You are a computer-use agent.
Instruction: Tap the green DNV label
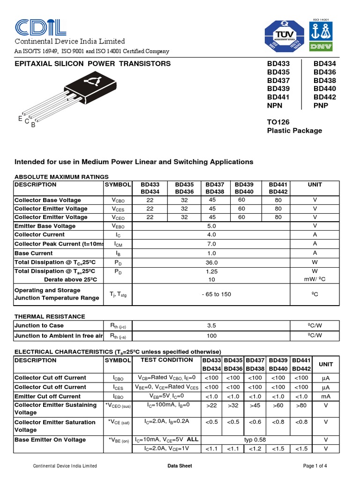coord(320,47)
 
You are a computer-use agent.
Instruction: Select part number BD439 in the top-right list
coord(278,89)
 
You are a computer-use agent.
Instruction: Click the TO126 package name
coord(278,122)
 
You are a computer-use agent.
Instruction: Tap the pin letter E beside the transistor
coord(20,119)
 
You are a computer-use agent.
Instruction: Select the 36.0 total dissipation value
coord(212,262)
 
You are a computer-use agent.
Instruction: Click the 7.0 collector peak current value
coord(212,244)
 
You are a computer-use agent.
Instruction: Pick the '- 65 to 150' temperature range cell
coord(212,294)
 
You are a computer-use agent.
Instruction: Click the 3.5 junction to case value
coord(212,325)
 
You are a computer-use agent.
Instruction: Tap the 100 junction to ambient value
coord(212,336)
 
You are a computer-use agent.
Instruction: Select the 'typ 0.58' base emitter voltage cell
coord(255,440)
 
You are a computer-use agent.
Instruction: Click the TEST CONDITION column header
coord(166,360)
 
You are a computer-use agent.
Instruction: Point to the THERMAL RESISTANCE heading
coord(50,316)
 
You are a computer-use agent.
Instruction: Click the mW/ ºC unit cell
coord(315,279)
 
